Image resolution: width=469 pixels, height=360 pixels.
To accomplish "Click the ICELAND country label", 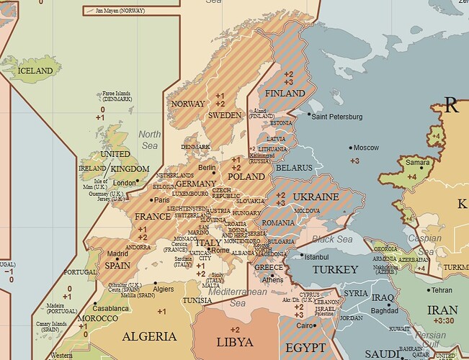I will tap(35, 71).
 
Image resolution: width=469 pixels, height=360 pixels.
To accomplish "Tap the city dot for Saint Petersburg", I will tap(309, 114).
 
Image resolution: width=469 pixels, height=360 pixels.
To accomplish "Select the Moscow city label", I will tap(366, 148).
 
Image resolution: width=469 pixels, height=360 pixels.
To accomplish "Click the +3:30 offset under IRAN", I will tap(442, 322).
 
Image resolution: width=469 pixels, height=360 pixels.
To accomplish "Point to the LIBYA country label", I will tap(236, 341).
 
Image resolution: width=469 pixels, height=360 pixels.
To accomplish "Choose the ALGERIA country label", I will tap(149, 336).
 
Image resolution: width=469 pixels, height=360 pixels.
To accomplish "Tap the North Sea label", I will tap(150, 140).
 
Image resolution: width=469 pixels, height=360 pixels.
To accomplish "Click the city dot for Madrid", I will tap(118, 249).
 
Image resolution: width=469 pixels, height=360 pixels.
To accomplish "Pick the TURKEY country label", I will tap(334, 269).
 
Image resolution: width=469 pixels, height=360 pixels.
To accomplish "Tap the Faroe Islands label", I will tap(117, 96).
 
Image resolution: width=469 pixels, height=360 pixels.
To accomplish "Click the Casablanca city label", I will tap(110, 308).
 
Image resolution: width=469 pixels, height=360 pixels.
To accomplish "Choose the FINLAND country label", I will tap(286, 94).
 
